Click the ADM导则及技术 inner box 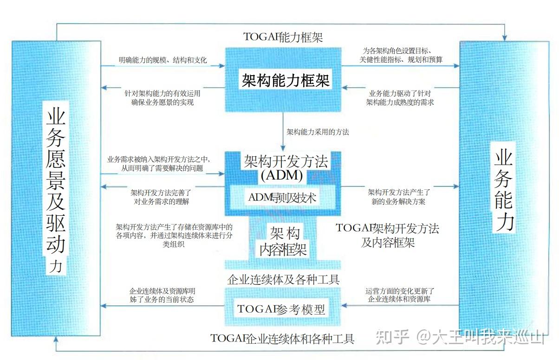click(282, 198)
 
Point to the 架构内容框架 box click(283, 241)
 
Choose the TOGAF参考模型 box click(281, 309)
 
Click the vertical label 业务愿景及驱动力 click(56, 188)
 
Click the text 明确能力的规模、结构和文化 click(162, 60)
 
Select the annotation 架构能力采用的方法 click(318, 132)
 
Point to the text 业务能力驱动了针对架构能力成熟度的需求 click(400, 97)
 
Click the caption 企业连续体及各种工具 click(284, 280)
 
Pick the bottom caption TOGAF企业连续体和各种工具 click(282, 339)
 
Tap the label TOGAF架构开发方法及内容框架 click(388, 235)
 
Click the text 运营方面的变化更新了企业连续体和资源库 click(400, 295)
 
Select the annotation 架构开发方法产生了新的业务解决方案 click(400, 197)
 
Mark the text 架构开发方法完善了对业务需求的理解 click(160, 197)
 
